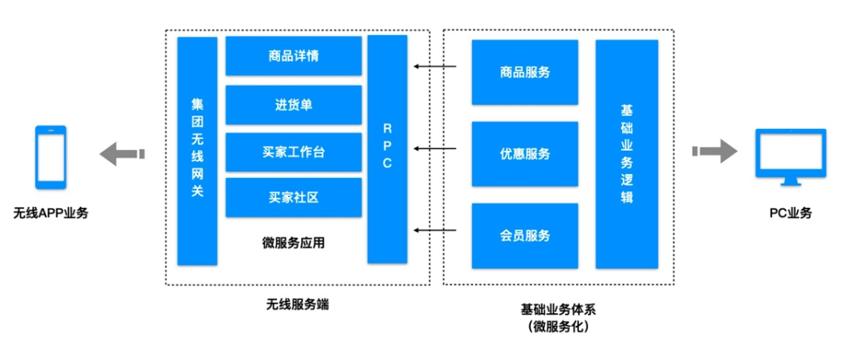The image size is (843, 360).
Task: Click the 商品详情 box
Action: coord(293,56)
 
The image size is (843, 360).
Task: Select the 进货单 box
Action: coord(293,105)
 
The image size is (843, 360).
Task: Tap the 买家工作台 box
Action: coord(293,152)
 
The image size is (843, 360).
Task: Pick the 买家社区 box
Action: coord(293,198)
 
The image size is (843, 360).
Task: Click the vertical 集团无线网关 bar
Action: coord(197,151)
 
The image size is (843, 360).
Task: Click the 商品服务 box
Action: coord(525,72)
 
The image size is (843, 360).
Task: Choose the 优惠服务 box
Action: coord(525,154)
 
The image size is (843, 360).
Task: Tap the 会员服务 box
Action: coord(525,235)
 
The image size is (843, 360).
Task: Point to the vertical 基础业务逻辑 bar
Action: coord(627,154)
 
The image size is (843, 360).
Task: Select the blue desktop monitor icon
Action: coord(790,158)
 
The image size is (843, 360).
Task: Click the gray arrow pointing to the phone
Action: coord(122,153)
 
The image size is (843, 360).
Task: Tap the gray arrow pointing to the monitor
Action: coord(714,150)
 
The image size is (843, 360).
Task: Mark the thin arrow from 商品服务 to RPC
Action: coord(435,66)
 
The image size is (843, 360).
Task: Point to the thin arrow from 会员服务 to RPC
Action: coord(435,230)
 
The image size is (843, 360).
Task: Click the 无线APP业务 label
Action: coord(51,212)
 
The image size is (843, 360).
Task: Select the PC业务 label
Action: coord(790,212)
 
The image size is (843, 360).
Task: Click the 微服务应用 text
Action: coord(293,243)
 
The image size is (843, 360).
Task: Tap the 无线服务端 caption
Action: coord(297,305)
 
